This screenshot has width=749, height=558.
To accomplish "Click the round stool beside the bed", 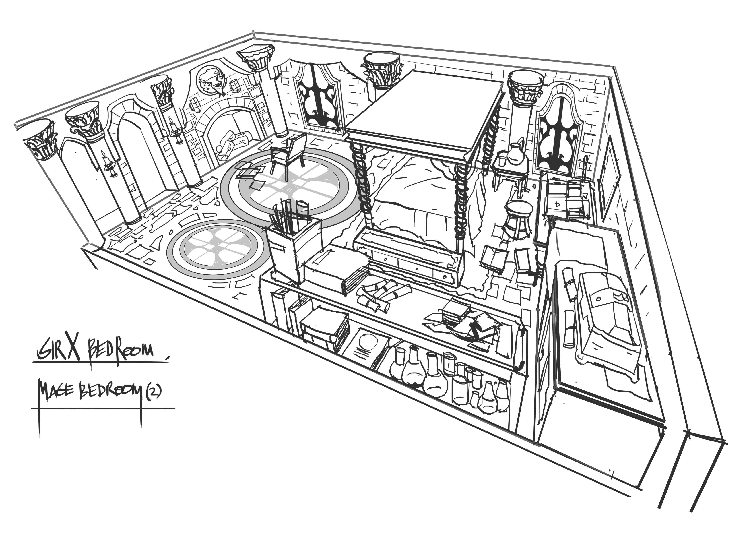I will tap(518, 216).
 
